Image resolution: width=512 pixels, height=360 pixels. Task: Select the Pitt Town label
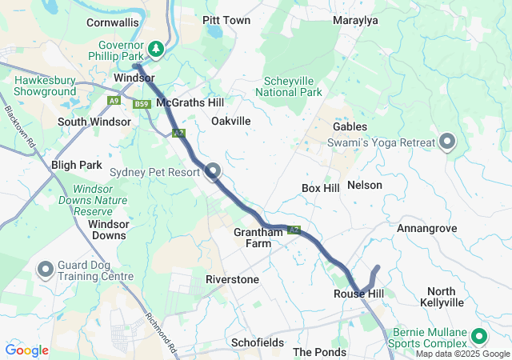tap(226, 20)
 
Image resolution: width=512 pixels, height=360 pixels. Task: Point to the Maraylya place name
tap(355, 20)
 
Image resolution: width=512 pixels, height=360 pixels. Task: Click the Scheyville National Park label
tap(289, 86)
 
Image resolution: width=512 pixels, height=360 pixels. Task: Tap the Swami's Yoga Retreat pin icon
tap(447, 142)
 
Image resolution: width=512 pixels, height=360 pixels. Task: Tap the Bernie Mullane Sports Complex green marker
tap(480, 336)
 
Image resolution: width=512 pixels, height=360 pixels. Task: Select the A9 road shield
tap(114, 101)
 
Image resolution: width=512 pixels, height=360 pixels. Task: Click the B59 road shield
tap(142, 104)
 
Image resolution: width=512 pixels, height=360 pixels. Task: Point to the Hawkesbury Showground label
tap(45, 86)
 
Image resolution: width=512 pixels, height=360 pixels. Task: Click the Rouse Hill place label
tap(358, 294)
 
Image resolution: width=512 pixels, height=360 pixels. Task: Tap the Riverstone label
tap(232, 280)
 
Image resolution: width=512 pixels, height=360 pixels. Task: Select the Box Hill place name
tap(321, 187)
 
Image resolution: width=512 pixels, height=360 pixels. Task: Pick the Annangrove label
tap(426, 229)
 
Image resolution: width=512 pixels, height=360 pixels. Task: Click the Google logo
tap(26, 350)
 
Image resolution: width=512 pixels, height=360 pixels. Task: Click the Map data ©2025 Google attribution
tap(462, 354)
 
